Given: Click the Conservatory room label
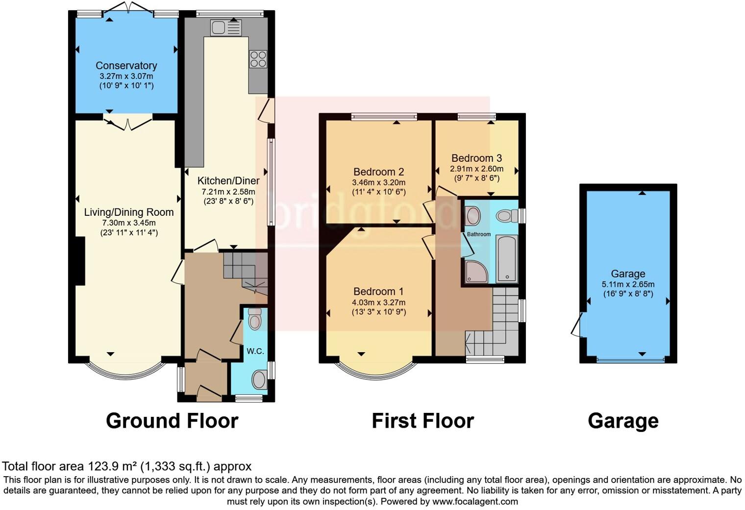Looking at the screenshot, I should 126,66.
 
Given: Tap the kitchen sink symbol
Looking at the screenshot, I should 226,28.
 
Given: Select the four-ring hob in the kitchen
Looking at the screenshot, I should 258,59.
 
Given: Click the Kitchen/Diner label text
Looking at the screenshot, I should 228,181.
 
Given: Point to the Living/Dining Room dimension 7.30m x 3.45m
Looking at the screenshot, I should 128,223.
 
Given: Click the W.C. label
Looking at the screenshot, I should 255,351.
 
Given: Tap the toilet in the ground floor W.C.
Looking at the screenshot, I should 254,319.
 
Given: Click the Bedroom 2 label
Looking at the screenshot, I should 378,172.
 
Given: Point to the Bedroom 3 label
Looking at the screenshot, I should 476,158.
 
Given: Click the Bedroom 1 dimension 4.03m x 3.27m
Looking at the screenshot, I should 378,303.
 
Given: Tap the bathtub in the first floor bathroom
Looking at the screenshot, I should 507,258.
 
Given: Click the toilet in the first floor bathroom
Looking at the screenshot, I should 507,216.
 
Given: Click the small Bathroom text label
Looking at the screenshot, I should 478,234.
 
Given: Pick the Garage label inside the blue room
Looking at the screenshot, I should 628,274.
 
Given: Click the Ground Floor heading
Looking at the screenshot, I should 172,421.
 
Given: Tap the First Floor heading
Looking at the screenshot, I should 422,421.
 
